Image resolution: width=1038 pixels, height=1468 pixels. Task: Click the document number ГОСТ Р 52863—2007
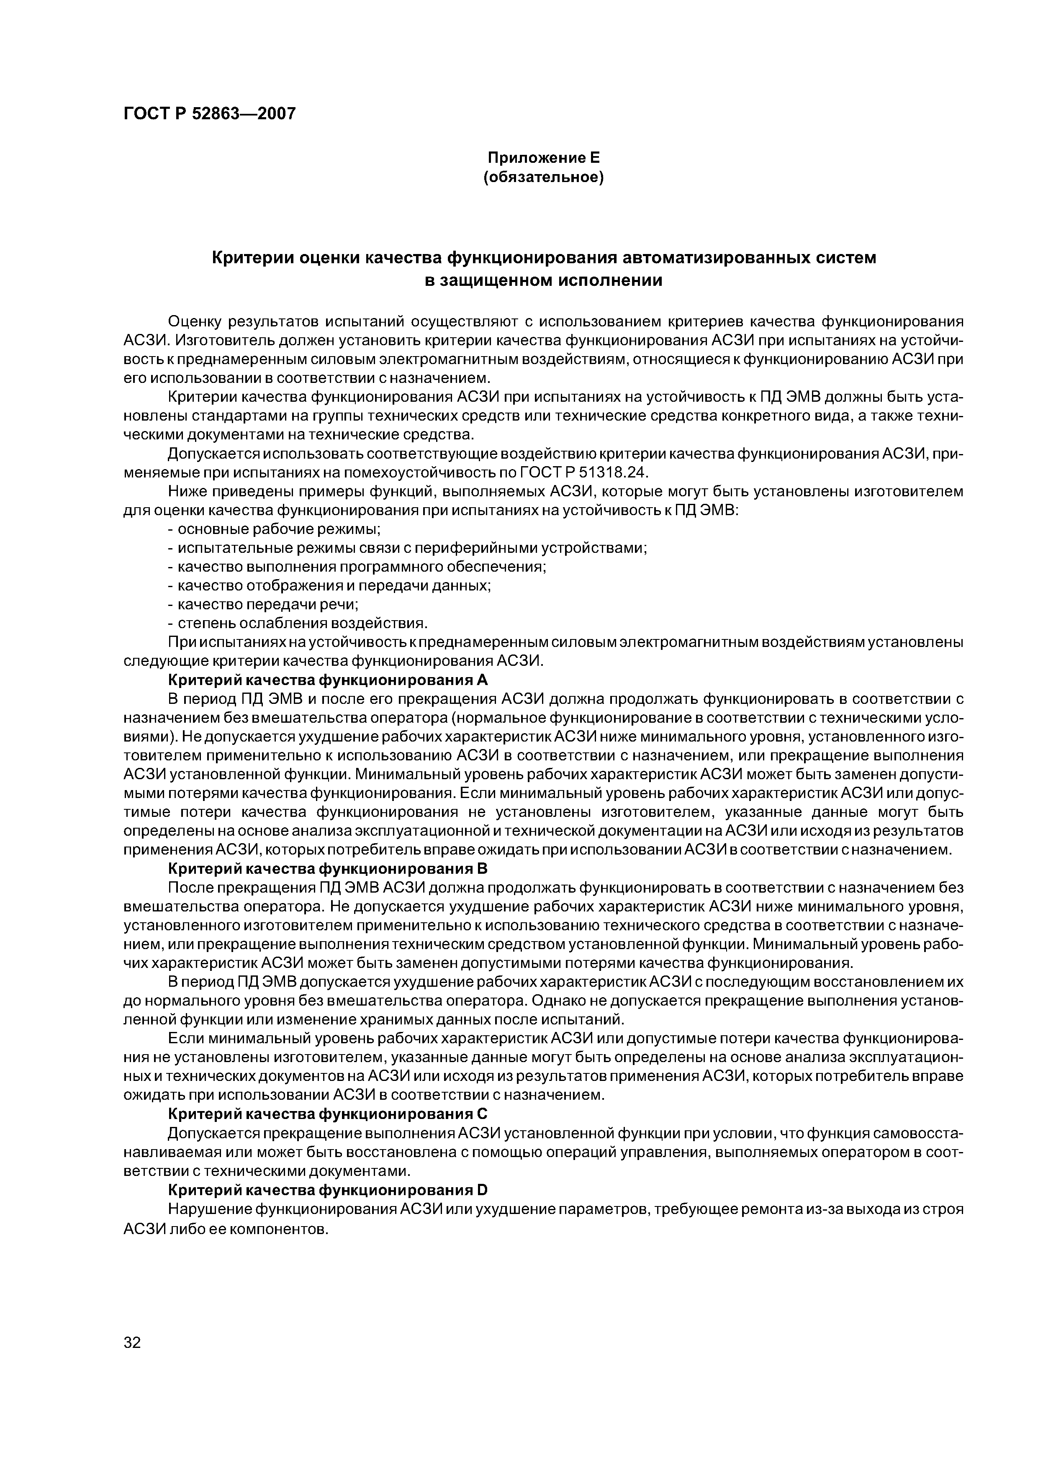click(x=209, y=114)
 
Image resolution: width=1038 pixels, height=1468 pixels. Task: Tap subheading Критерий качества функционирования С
click(x=327, y=1114)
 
